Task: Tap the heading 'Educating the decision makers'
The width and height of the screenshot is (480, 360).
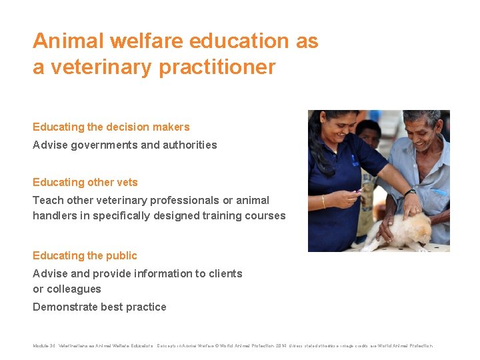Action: [x=111, y=127]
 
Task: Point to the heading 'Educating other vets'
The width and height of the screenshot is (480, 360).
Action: [x=85, y=182]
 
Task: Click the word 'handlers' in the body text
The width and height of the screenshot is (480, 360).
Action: [x=55, y=215]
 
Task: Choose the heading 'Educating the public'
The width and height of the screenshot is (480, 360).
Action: [x=85, y=255]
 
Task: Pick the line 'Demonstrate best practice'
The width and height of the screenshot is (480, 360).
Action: [x=99, y=307]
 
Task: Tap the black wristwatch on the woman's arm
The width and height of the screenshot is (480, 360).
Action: [x=410, y=193]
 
